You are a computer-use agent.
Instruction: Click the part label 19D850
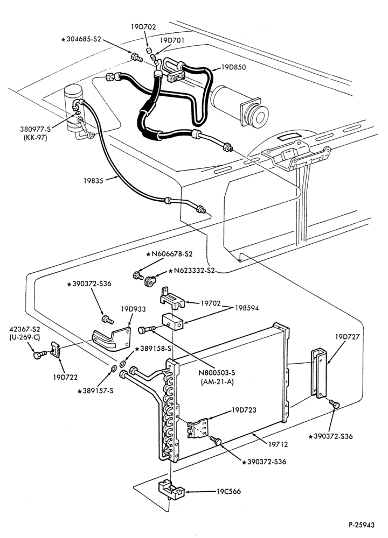click(x=233, y=67)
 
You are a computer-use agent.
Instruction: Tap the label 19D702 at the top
click(x=143, y=26)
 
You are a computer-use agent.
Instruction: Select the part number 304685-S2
click(x=84, y=39)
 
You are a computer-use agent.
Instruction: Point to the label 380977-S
click(x=35, y=130)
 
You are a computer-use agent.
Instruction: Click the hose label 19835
click(x=93, y=180)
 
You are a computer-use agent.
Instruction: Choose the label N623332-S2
click(x=194, y=271)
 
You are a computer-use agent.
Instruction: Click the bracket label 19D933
click(x=133, y=309)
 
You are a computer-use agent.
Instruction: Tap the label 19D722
click(x=65, y=377)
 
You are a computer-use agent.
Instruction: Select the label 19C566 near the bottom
click(x=228, y=492)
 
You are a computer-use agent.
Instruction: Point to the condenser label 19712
click(x=278, y=444)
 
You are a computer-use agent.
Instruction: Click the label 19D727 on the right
click(x=348, y=337)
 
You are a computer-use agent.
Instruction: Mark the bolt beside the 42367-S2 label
click(x=40, y=354)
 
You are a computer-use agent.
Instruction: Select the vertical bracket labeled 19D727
click(x=319, y=373)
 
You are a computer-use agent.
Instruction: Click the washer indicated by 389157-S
click(x=113, y=369)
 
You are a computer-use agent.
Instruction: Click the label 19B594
click(x=247, y=308)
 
